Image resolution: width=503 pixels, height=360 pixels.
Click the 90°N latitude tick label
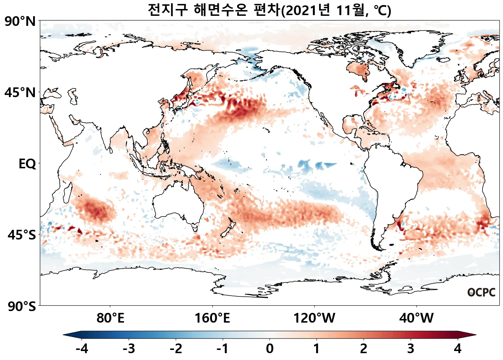pos(20,22)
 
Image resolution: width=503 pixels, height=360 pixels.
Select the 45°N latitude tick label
pos(20,93)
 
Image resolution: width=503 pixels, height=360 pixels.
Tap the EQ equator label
pos(27,164)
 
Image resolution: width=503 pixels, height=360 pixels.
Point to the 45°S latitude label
pos(22,235)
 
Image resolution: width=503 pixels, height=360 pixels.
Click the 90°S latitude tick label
pos(22,307)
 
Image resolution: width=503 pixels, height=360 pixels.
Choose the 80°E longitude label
pos(110,318)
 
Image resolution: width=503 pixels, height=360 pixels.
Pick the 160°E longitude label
pos(212,318)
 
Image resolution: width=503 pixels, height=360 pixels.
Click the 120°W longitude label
pos(314,318)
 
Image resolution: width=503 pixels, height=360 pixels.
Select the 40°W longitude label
pos(416,318)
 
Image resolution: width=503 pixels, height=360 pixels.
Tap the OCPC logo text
pos(481,292)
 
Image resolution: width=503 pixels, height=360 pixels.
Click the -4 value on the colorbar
pos(82,348)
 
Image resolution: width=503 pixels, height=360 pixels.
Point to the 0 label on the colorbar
pos(270,348)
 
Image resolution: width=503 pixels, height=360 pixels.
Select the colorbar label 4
pos(457,348)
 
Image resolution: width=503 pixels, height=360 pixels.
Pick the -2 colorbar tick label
pos(176,348)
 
